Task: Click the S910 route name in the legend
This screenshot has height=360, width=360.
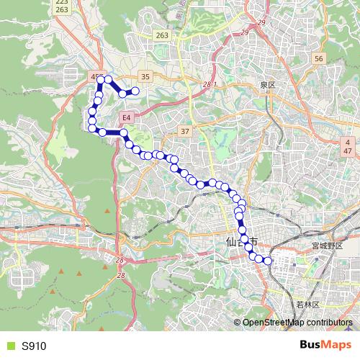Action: [x=34, y=346]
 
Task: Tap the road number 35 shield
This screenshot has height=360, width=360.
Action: [x=145, y=76]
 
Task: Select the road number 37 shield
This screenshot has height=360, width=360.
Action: [x=185, y=130]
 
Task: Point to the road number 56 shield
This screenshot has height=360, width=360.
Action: [x=320, y=58]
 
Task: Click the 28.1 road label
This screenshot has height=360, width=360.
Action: [x=210, y=84]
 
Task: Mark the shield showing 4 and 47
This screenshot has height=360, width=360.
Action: [x=347, y=145]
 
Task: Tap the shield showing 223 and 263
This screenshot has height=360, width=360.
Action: [x=62, y=6]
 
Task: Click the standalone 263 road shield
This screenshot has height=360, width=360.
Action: [x=162, y=35]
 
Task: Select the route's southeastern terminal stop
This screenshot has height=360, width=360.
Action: [x=269, y=261]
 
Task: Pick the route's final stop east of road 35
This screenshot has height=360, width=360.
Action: [x=134, y=90]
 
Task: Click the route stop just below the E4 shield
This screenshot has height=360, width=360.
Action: [x=123, y=133]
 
